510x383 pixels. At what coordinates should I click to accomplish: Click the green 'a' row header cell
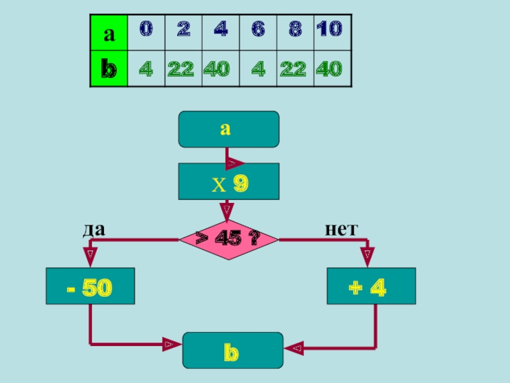point(109,33)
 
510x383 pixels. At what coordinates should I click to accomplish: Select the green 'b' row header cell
point(109,69)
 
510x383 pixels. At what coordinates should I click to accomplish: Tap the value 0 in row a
point(147,29)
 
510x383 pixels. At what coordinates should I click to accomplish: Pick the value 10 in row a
point(329,29)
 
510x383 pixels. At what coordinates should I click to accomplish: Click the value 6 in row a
point(258,29)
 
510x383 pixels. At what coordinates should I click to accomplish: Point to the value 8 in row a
point(295,29)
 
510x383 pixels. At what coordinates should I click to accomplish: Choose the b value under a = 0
point(146,69)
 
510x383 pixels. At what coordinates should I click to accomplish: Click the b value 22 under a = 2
point(180,69)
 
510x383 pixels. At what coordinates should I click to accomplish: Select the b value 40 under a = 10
point(329,69)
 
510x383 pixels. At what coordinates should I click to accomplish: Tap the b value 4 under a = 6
point(258,69)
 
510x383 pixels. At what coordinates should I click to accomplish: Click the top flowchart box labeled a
point(229,129)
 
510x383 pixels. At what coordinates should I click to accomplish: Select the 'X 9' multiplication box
point(229,183)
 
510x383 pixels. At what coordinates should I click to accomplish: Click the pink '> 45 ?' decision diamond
point(228,240)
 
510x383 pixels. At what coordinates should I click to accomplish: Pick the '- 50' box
point(90,286)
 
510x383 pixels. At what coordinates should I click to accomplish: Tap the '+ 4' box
point(370,286)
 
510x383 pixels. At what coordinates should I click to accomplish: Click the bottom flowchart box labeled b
point(233,350)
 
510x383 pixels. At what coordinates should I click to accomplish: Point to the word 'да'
point(93,228)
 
